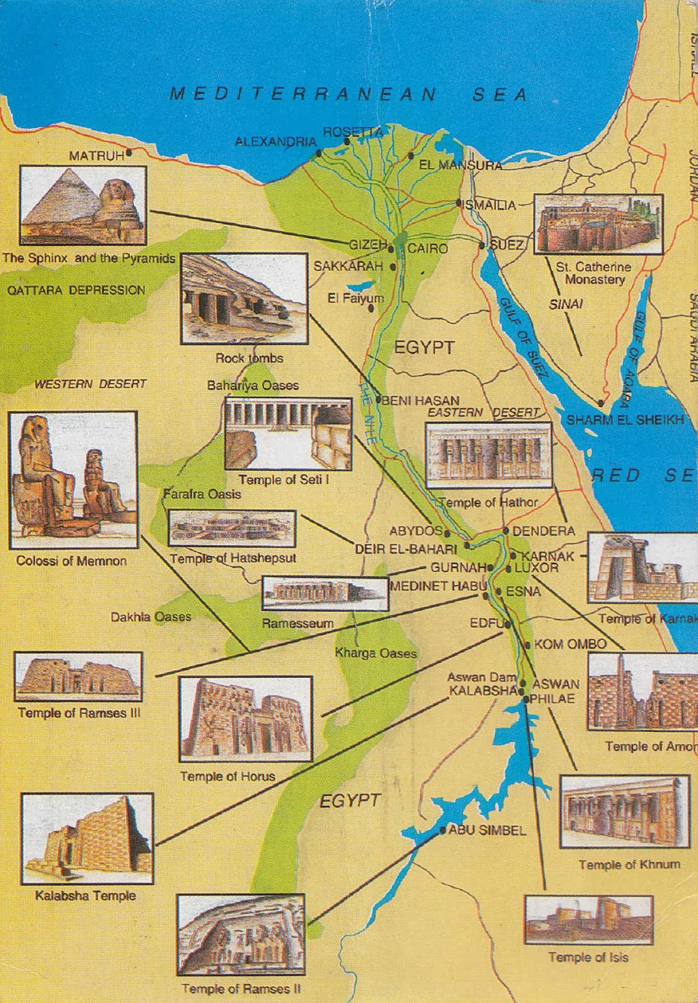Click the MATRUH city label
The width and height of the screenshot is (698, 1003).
96,155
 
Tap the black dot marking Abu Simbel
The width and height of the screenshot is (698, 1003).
443,830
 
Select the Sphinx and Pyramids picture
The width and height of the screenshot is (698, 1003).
83,205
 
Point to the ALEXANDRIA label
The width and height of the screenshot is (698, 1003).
275,142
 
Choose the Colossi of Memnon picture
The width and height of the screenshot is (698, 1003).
73,480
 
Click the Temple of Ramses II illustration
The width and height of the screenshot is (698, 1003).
241,934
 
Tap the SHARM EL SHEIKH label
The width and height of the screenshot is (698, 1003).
625,420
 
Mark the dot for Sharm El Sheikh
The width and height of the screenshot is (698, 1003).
601,403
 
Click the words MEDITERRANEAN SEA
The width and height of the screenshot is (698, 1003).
348,94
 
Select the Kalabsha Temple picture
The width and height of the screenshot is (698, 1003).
87,838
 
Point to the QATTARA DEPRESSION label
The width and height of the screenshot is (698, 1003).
76,290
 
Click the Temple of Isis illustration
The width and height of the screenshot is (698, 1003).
588,920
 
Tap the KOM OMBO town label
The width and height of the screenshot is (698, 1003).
570,644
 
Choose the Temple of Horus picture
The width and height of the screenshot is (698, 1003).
246,719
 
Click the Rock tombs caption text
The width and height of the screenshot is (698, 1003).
249,359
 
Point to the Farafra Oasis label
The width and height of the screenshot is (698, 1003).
202,494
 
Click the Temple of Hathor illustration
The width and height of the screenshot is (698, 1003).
488,456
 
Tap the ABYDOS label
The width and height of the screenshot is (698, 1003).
415,531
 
